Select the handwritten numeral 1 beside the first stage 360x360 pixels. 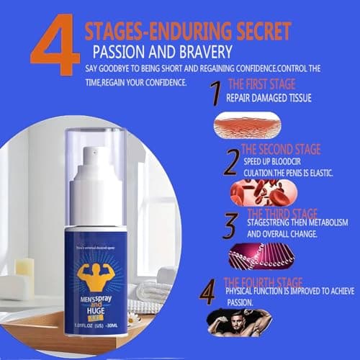coord(213,94)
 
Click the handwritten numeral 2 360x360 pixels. coord(230,161)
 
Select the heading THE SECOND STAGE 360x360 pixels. coord(282,150)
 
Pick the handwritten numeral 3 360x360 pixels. coord(229,225)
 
